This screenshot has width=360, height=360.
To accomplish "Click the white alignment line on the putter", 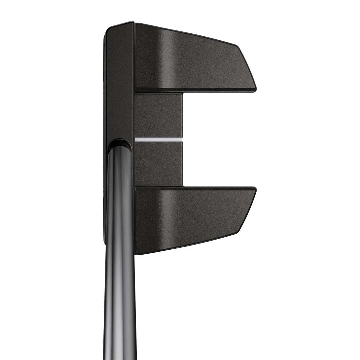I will coord(158,139).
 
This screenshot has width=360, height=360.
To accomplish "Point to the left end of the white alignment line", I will coord(135,139).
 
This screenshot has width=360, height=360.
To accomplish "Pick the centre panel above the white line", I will coord(158,115).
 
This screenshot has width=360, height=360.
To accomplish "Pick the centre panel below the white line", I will coord(158,164).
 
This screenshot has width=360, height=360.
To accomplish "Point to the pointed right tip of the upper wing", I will coord(256,88).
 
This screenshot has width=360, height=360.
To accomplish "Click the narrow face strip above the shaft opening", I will coord(119,82).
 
